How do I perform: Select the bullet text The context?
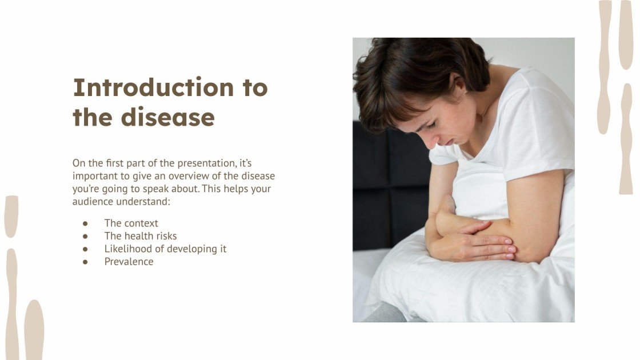coord(131,223)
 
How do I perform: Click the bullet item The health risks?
coord(141,236)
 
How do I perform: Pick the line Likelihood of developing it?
coord(165,249)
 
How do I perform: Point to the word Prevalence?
coord(129,262)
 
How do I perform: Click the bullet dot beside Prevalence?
coord(86,262)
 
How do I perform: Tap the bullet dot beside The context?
coord(86,223)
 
